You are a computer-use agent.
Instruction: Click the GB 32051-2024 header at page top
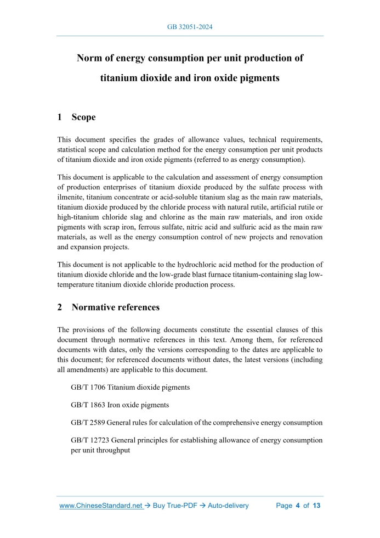[x=190, y=26]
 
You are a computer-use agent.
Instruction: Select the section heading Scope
[x=83, y=117]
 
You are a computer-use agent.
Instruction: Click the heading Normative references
[x=115, y=307]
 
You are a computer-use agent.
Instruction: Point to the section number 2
[x=60, y=307]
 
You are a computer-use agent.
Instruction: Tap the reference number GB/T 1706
[x=88, y=387]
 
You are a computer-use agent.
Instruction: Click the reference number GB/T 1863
[x=88, y=405]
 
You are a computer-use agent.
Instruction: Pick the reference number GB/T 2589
[x=88, y=423]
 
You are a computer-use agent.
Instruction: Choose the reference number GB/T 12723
[x=90, y=440]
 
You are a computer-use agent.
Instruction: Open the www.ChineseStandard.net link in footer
[x=101, y=506]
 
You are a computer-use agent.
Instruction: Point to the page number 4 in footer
[x=298, y=506]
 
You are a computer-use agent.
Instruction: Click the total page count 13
[x=316, y=506]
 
